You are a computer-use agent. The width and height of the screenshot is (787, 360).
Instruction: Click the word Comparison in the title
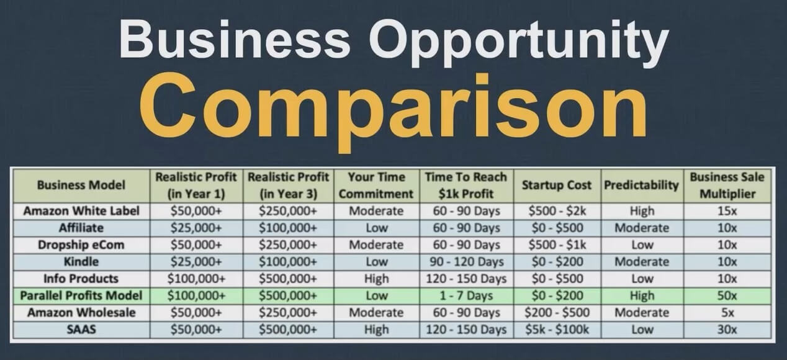(393, 109)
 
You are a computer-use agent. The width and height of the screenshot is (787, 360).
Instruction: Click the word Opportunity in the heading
(519, 40)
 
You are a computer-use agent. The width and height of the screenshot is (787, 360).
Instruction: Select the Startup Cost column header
(557, 185)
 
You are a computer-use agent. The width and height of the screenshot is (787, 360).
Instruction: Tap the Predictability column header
(642, 185)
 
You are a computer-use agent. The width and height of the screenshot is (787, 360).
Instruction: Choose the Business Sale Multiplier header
(727, 185)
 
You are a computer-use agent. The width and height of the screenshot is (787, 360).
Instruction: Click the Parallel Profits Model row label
(81, 295)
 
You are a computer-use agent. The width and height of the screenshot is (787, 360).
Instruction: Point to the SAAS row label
(81, 330)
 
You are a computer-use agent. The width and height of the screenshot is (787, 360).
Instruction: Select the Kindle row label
(81, 262)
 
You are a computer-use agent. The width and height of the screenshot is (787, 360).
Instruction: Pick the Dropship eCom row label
(81, 245)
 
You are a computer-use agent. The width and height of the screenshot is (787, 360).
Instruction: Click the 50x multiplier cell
(727, 295)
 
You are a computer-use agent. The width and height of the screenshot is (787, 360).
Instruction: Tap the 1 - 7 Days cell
(466, 295)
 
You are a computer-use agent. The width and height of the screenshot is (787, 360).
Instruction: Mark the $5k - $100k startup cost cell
(557, 330)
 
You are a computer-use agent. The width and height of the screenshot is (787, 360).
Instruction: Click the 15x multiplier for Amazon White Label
(727, 211)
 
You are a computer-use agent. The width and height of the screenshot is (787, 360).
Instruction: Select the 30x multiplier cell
(727, 330)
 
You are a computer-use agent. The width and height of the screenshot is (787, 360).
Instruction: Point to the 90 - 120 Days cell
(466, 262)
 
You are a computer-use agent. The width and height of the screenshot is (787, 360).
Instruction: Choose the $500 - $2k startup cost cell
(557, 211)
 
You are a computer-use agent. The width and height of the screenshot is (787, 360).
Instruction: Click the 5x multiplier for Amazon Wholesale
(727, 313)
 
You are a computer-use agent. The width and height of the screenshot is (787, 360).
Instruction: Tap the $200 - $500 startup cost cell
(557, 313)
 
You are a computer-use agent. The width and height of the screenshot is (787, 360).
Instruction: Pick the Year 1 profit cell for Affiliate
(196, 228)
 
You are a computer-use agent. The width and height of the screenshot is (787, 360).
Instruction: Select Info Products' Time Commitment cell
(376, 279)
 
